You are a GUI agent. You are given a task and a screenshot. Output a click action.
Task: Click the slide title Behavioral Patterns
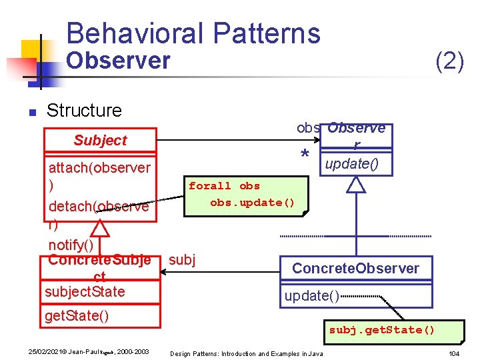click(x=193, y=33)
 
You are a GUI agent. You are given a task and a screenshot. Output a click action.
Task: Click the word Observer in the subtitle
click(x=119, y=61)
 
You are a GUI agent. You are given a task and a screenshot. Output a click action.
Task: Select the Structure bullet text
click(x=84, y=110)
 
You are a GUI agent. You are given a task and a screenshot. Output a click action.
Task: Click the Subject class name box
click(x=100, y=140)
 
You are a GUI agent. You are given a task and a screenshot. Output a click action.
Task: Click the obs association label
click(x=308, y=127)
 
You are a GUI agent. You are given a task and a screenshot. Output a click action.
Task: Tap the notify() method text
click(x=70, y=245)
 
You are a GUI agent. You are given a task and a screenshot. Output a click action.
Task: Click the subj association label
click(x=182, y=259)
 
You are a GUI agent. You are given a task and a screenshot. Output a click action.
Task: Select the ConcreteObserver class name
click(x=355, y=269)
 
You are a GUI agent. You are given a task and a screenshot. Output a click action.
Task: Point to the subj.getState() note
click(x=381, y=330)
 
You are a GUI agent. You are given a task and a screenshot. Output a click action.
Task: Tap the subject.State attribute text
click(x=85, y=292)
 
